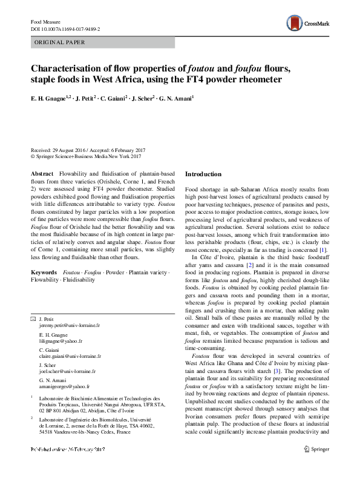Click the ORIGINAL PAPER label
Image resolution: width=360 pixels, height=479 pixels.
[x=59, y=42]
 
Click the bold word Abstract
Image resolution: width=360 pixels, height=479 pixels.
[x=41, y=174]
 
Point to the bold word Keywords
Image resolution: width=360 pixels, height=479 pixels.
[x=44, y=273]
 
